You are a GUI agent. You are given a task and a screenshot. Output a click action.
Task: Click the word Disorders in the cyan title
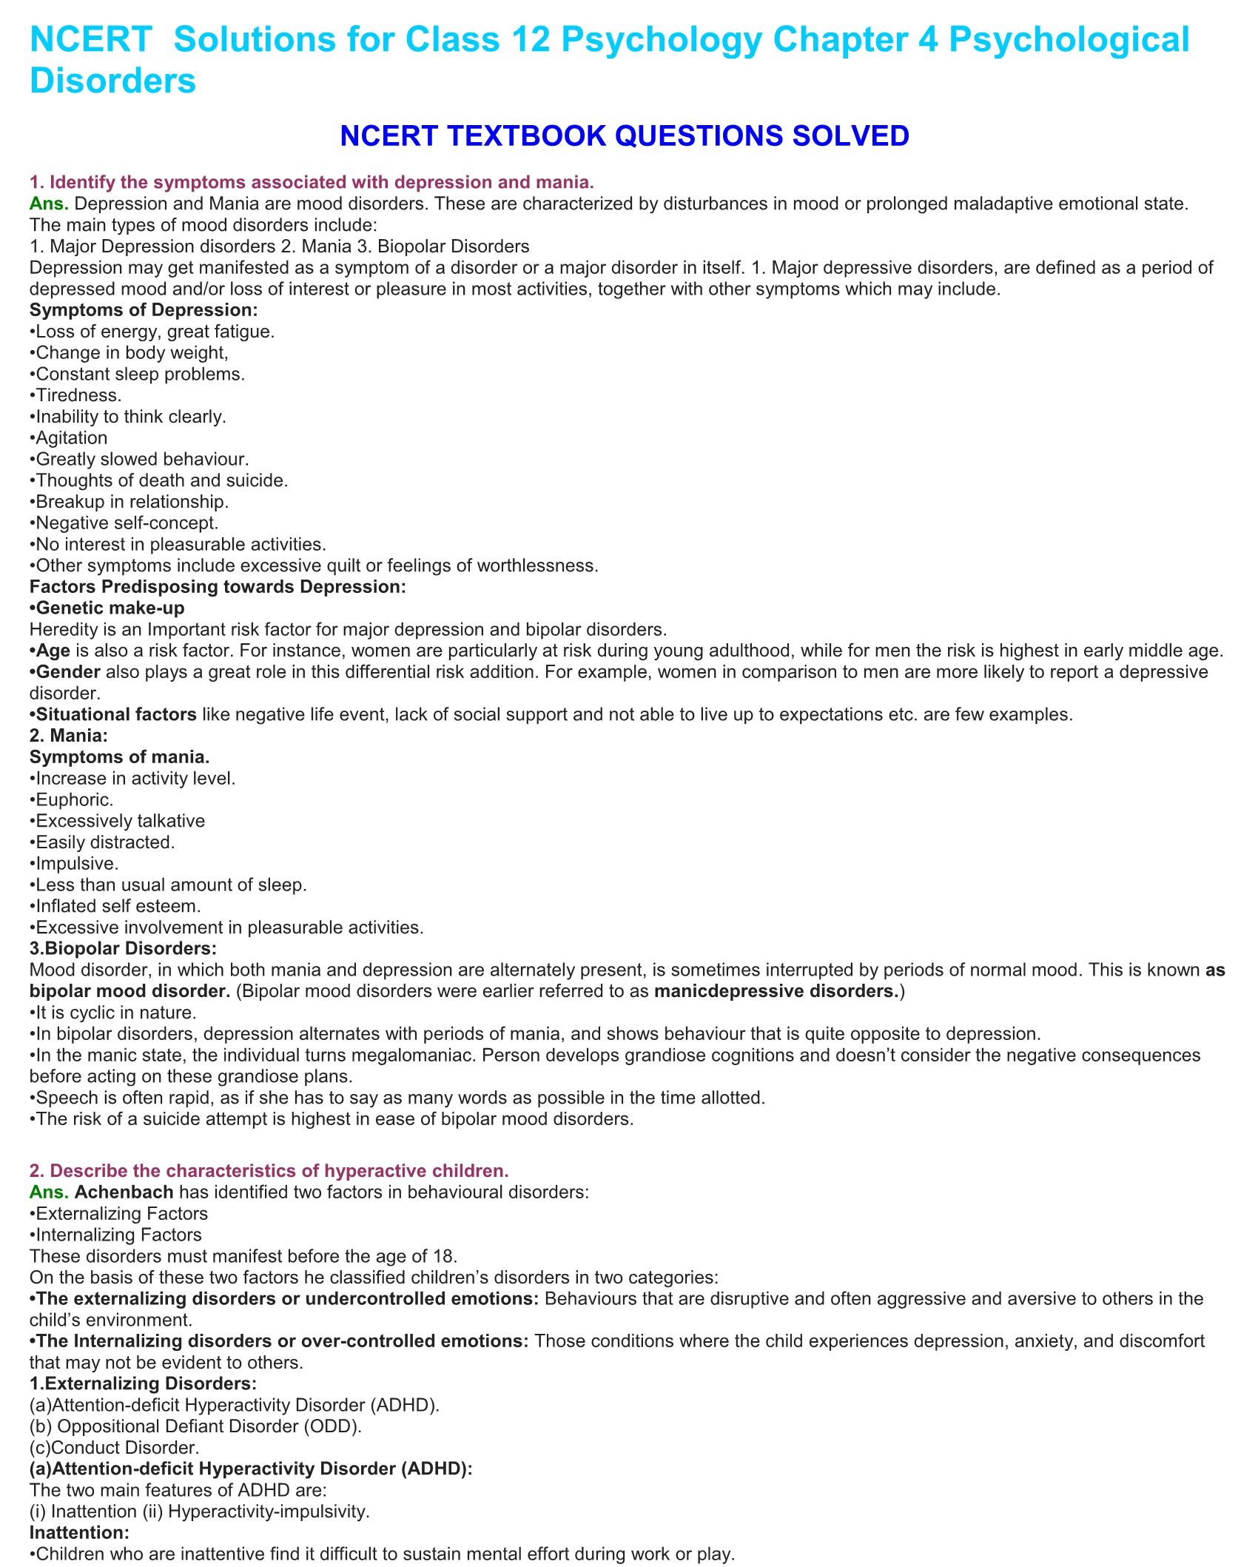coord(112,80)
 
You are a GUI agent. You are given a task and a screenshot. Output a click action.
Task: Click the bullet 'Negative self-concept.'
coord(127,523)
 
